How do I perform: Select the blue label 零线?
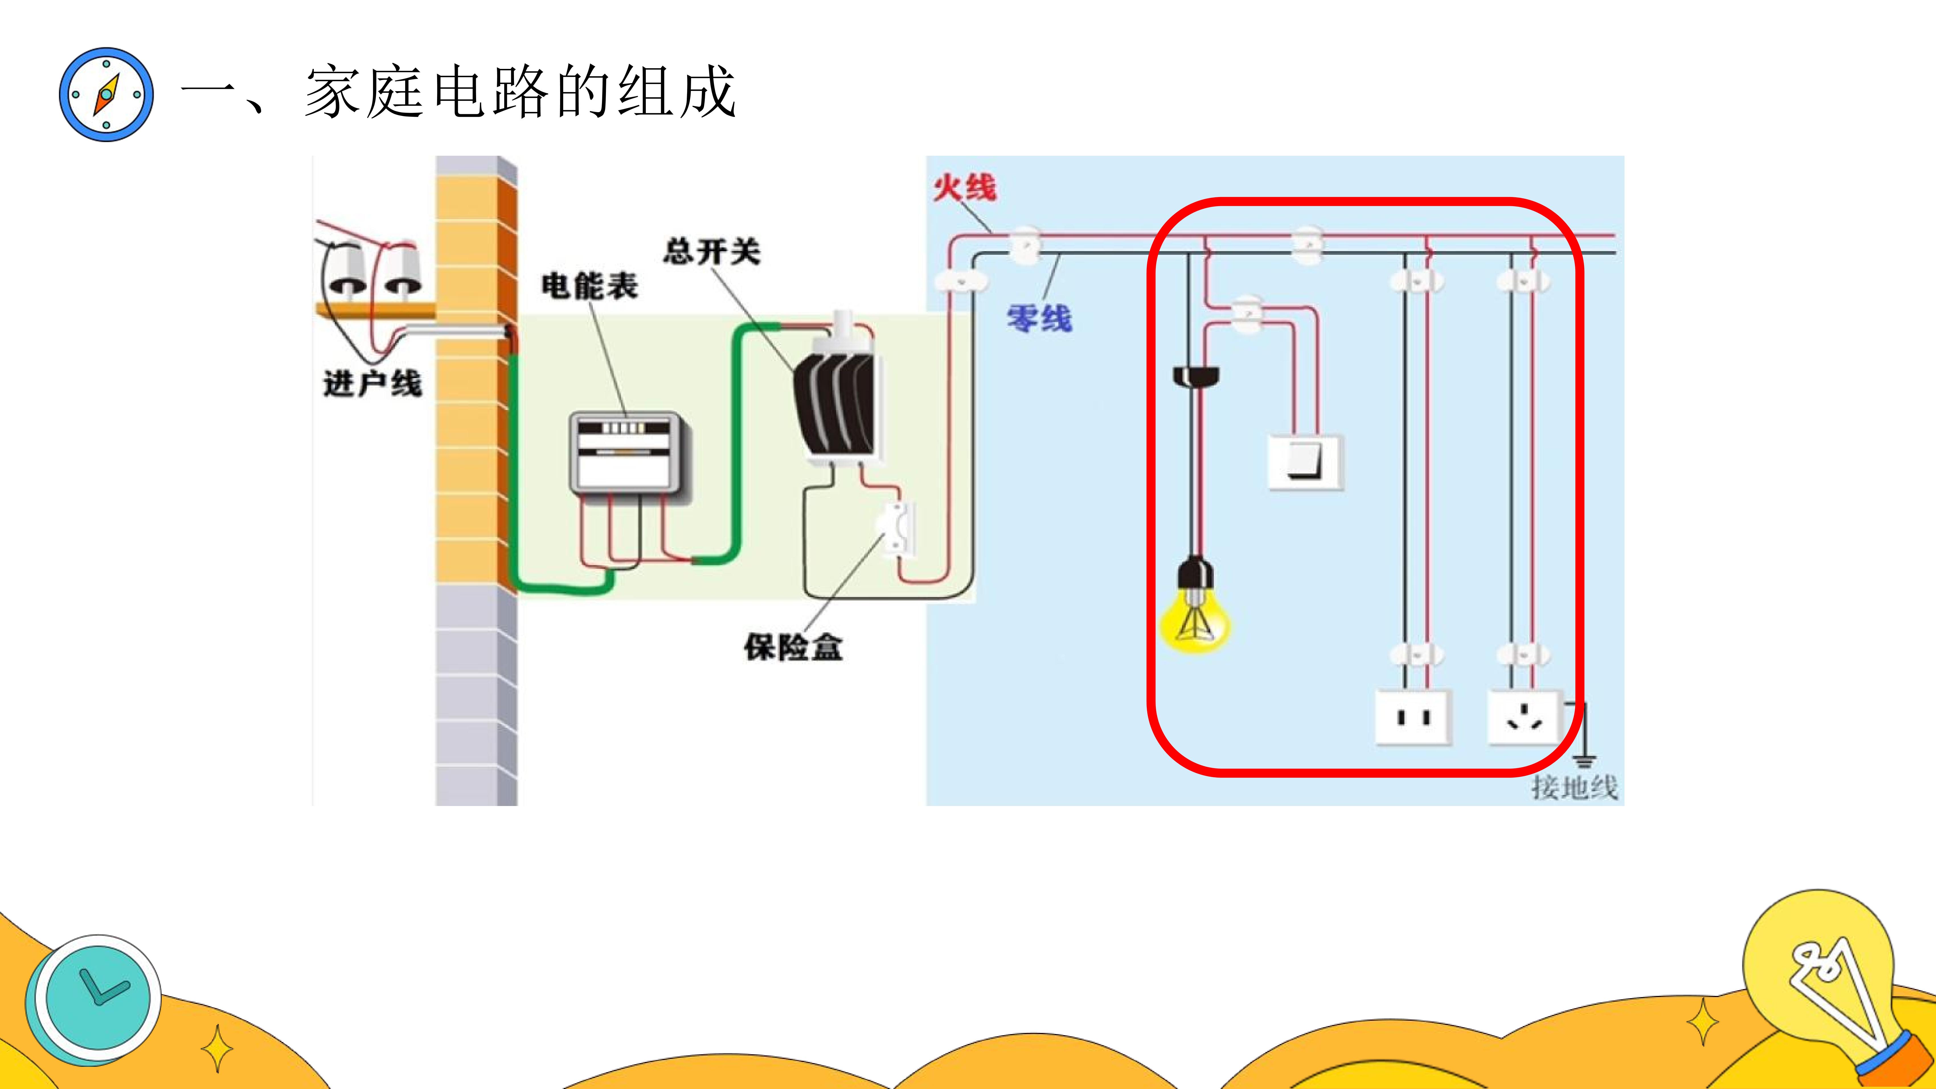tap(1039, 318)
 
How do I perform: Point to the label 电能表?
tap(590, 286)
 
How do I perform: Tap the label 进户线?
tap(373, 383)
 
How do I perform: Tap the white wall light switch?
tap(1305, 462)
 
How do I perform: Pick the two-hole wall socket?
tap(1413, 718)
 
